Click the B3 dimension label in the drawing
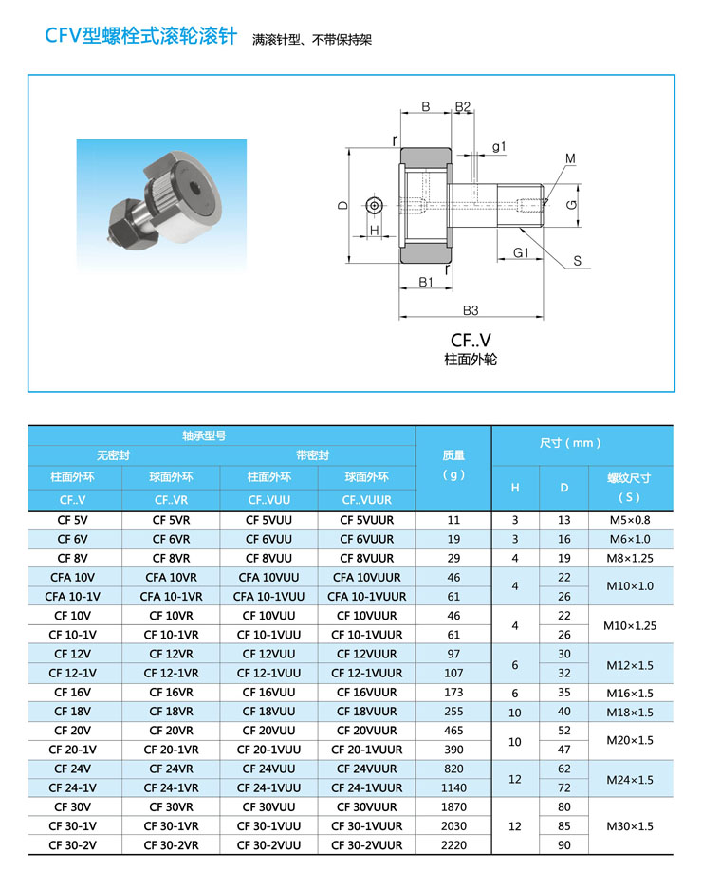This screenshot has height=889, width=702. [471, 310]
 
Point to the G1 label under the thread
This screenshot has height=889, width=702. [522, 253]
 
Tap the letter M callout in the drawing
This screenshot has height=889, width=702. [571, 157]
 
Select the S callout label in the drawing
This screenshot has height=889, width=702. [577, 261]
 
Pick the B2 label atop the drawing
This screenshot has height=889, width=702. [463, 106]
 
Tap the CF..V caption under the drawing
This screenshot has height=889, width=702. [471, 340]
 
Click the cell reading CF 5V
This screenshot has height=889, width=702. [74, 520]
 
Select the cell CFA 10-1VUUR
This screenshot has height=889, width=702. [366, 597]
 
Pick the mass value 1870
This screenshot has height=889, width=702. [453, 806]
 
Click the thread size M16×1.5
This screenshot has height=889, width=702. [630, 693]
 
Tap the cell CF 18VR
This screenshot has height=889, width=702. [171, 712]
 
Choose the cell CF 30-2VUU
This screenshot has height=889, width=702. [268, 844]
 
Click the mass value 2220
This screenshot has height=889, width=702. [453, 844]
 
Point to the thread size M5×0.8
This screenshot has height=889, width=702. [630, 520]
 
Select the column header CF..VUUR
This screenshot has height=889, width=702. [366, 499]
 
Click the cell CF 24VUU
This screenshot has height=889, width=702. [268, 769]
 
